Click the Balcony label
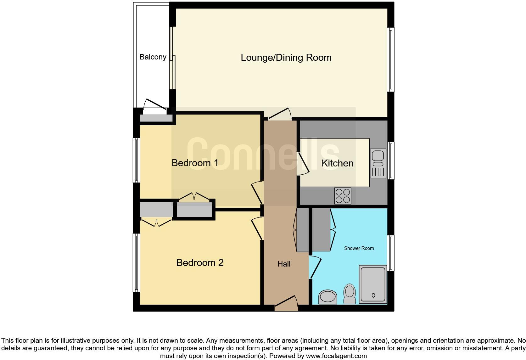click(x=153, y=57)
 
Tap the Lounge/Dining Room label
click(x=286, y=58)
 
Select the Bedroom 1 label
click(x=195, y=163)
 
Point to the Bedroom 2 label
click(x=200, y=263)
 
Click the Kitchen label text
click(x=337, y=163)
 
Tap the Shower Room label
click(x=359, y=248)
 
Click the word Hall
click(x=284, y=264)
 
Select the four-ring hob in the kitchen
click(x=343, y=196)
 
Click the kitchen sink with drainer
click(x=378, y=163)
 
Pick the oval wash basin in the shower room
click(x=327, y=297)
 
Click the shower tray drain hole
click(x=373, y=295)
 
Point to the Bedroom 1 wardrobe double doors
click(x=194, y=197)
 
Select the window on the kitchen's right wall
click(x=391, y=161)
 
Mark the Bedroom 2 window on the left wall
click(x=137, y=262)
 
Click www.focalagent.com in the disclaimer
click(x=336, y=356)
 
